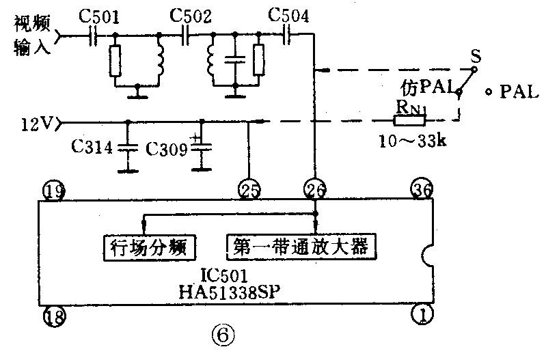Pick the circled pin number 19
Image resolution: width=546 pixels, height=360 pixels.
[x=53, y=190]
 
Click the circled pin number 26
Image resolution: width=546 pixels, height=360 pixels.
[x=315, y=189]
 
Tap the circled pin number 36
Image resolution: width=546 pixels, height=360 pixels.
[x=421, y=189]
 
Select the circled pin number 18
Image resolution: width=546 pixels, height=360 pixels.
[x=53, y=315]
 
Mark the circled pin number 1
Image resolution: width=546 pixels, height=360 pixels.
[x=421, y=315]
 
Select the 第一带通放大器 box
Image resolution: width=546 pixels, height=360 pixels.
[x=301, y=245]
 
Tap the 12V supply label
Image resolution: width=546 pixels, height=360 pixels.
[x=36, y=124]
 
